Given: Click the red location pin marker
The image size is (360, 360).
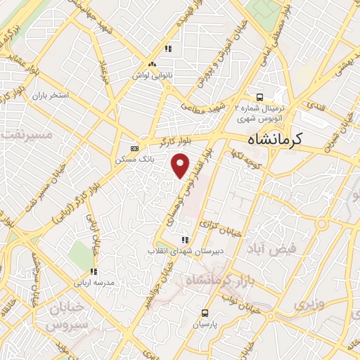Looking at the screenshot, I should [x=181, y=166].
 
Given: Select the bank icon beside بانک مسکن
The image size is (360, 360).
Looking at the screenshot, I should [x=134, y=148].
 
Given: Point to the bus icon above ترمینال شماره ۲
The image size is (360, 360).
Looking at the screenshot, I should [x=260, y=98].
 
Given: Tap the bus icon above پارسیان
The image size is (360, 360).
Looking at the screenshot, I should [x=205, y=313].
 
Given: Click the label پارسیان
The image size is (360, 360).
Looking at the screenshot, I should [x=205, y=325].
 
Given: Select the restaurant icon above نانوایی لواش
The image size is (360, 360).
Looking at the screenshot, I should [x=168, y=49].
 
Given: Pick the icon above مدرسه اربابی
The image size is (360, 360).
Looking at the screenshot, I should [x=92, y=272].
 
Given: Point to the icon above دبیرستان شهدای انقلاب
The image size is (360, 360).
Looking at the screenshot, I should [x=185, y=239].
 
